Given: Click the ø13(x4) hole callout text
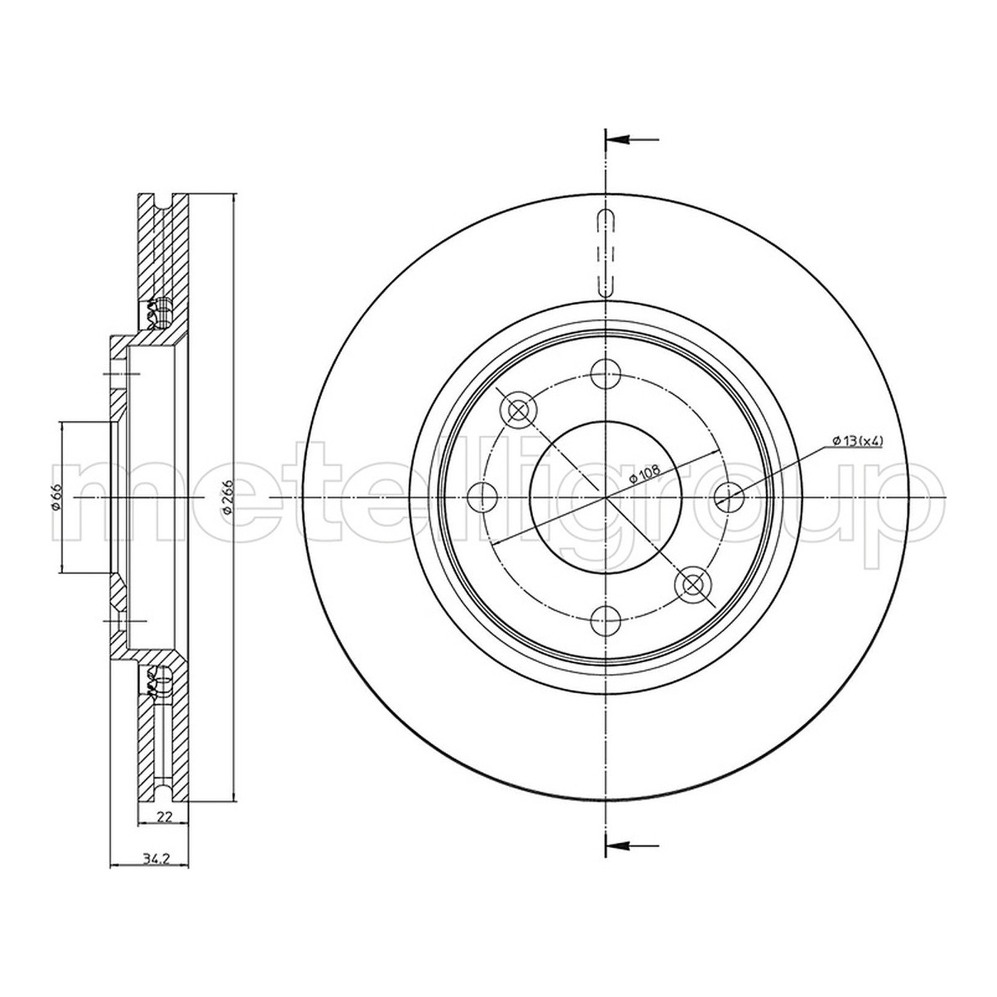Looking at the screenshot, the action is click(x=856, y=441).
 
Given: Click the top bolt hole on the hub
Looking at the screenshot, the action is click(x=605, y=373).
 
